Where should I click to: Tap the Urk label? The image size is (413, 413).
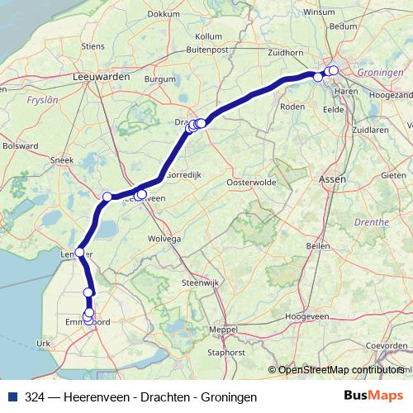coord(45,343)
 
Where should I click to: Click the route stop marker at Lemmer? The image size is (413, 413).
coord(80,252)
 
